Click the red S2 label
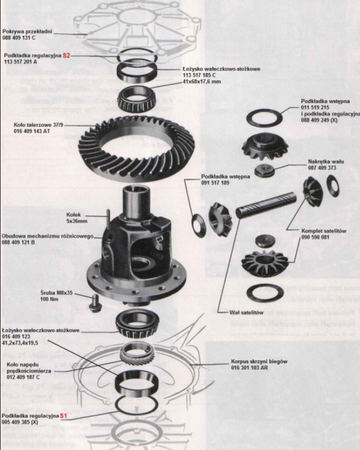pos(66,56)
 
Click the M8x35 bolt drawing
pos(94,303)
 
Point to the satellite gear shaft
pos(264,205)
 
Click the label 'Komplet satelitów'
pos(323,231)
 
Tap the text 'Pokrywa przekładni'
pos(26,32)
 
